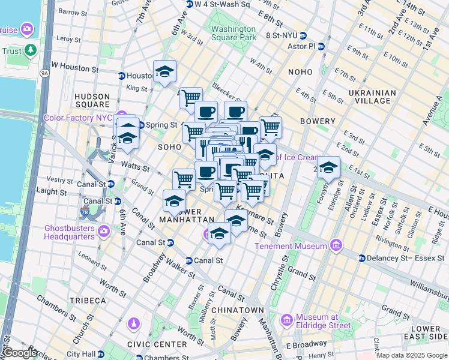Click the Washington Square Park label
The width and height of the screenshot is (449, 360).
point(234,33)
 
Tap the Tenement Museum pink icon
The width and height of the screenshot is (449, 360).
point(336,245)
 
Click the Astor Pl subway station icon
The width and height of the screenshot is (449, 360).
point(321,46)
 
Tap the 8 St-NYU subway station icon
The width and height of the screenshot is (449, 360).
point(303,35)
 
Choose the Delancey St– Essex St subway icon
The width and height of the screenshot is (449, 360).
point(362,258)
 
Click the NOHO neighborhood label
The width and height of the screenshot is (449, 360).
point(300,72)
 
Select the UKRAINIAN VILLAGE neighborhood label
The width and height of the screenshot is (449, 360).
point(372,97)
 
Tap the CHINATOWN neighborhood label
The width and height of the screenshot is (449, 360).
point(240,310)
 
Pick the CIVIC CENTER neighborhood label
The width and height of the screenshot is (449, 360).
point(157,344)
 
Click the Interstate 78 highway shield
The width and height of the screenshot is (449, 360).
point(84,212)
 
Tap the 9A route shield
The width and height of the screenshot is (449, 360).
point(44,73)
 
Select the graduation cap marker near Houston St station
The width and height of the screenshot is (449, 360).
point(164,72)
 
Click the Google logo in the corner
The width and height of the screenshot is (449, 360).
point(20,353)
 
